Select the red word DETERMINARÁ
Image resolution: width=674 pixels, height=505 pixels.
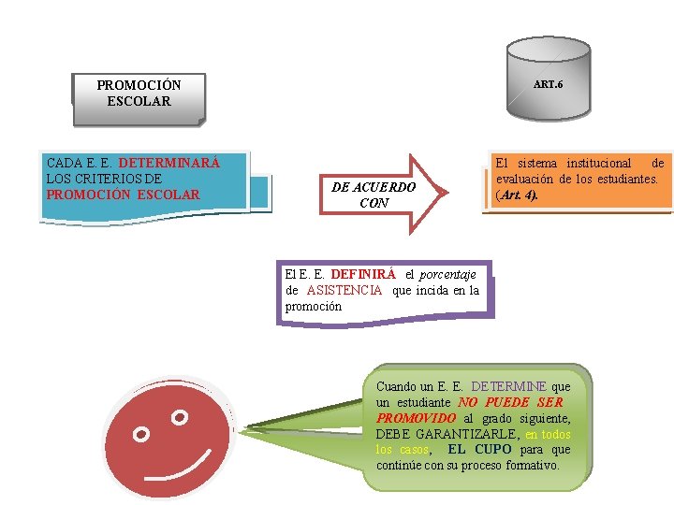click(169, 163)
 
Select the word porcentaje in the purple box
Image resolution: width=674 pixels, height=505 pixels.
click(447, 275)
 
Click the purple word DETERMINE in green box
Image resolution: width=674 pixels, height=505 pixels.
click(509, 386)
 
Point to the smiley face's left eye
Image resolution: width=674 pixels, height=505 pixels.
click(141, 434)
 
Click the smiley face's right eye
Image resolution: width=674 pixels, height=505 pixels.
click(180, 415)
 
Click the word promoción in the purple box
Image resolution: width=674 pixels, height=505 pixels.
click(313, 307)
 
